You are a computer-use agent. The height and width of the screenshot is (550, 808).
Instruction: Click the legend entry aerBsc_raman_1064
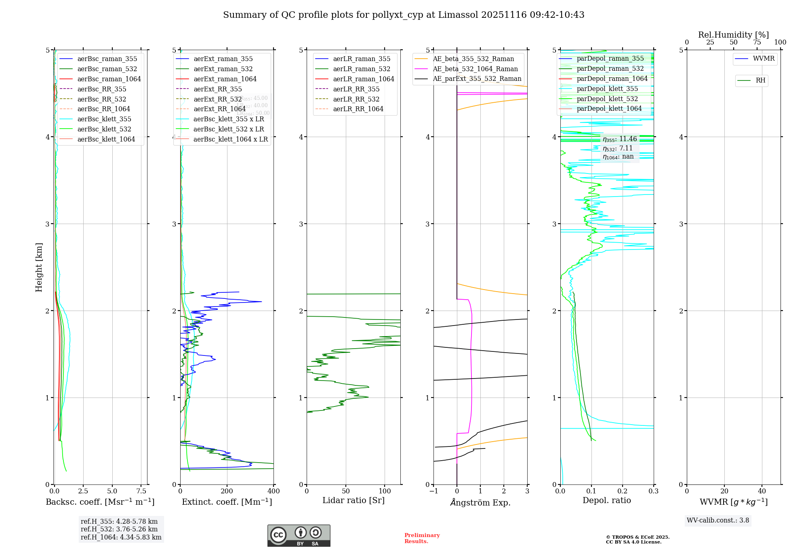[x=109, y=79]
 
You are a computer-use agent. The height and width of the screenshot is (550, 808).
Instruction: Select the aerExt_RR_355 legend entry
[x=218, y=89]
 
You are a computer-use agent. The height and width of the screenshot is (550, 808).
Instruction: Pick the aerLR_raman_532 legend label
[x=362, y=69]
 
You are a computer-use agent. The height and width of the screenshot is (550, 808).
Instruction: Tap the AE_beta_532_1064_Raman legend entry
[x=475, y=69]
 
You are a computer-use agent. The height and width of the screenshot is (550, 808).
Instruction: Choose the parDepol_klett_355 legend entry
[x=607, y=89]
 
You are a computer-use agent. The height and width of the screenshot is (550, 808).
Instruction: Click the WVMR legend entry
[x=764, y=59]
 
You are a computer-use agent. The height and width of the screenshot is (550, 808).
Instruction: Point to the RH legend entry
[x=760, y=80]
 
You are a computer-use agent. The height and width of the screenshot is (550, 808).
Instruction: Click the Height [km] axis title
[x=39, y=267]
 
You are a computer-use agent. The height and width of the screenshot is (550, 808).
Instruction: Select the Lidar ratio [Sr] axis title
[x=353, y=500]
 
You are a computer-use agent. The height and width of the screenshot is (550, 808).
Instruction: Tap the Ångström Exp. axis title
[x=480, y=502]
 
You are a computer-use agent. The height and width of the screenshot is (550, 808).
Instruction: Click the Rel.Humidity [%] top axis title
[x=733, y=35]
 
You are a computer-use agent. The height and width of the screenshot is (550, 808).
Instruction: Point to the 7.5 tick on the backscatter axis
[x=141, y=491]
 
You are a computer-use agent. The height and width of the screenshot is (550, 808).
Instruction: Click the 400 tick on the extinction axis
[x=274, y=491]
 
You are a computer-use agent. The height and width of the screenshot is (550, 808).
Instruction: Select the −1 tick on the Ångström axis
[x=433, y=491]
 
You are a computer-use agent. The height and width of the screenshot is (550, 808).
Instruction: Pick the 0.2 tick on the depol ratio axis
[x=623, y=491]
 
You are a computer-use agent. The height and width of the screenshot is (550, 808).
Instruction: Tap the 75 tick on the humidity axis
[x=757, y=42]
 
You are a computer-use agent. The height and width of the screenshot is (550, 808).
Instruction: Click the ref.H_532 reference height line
[x=119, y=529]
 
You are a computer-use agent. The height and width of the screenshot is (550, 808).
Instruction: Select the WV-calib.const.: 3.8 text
[x=718, y=520]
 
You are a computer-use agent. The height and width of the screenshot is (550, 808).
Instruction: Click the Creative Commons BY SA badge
[x=299, y=535]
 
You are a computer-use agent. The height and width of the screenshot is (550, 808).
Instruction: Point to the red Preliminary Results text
[x=422, y=538]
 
